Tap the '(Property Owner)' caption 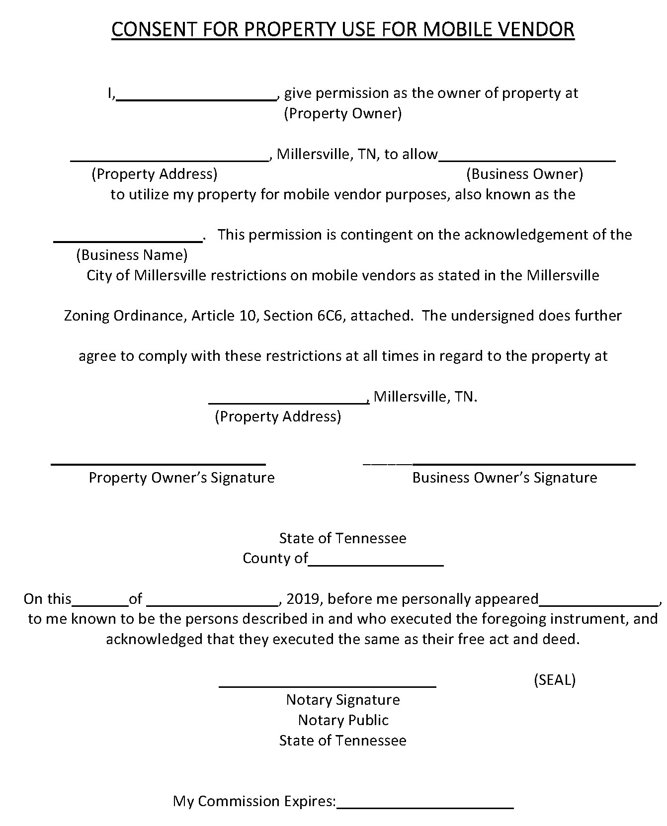342,114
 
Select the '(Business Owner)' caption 524,174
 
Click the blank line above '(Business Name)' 128,240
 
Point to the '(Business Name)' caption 132,255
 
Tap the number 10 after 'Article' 245,316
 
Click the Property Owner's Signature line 159,463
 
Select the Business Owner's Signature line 500,463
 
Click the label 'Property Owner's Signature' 181,478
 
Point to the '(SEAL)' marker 554,680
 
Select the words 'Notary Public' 343,720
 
